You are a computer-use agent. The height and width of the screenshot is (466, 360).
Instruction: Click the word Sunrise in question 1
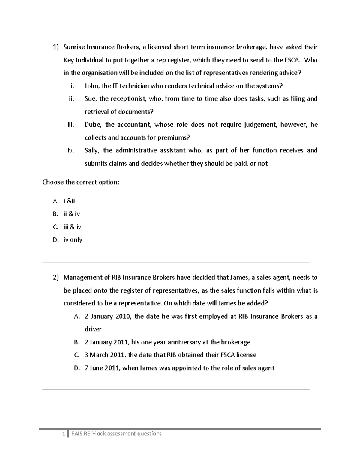pyautogui.click(x=74, y=47)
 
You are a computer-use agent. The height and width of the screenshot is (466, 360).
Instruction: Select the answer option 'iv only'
pyautogui.click(x=73, y=240)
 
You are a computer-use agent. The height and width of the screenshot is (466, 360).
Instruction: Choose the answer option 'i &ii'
pyautogui.click(x=69, y=201)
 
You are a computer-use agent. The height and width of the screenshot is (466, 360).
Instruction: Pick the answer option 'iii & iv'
pyautogui.click(x=72, y=227)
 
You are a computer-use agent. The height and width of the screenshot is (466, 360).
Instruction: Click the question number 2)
pyautogui.click(x=56, y=278)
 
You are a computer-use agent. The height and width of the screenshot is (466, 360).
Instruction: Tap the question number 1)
pyautogui.click(x=56, y=47)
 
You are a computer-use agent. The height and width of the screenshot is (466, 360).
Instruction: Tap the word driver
pyautogui.click(x=93, y=329)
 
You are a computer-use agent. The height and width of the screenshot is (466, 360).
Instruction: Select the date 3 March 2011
pyautogui.click(x=104, y=355)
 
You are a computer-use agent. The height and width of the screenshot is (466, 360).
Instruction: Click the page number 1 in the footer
pyautogui.click(x=63, y=434)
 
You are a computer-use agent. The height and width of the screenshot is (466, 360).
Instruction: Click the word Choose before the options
pyautogui.click(x=53, y=182)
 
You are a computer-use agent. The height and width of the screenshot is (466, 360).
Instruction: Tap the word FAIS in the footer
pyautogui.click(x=77, y=434)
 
